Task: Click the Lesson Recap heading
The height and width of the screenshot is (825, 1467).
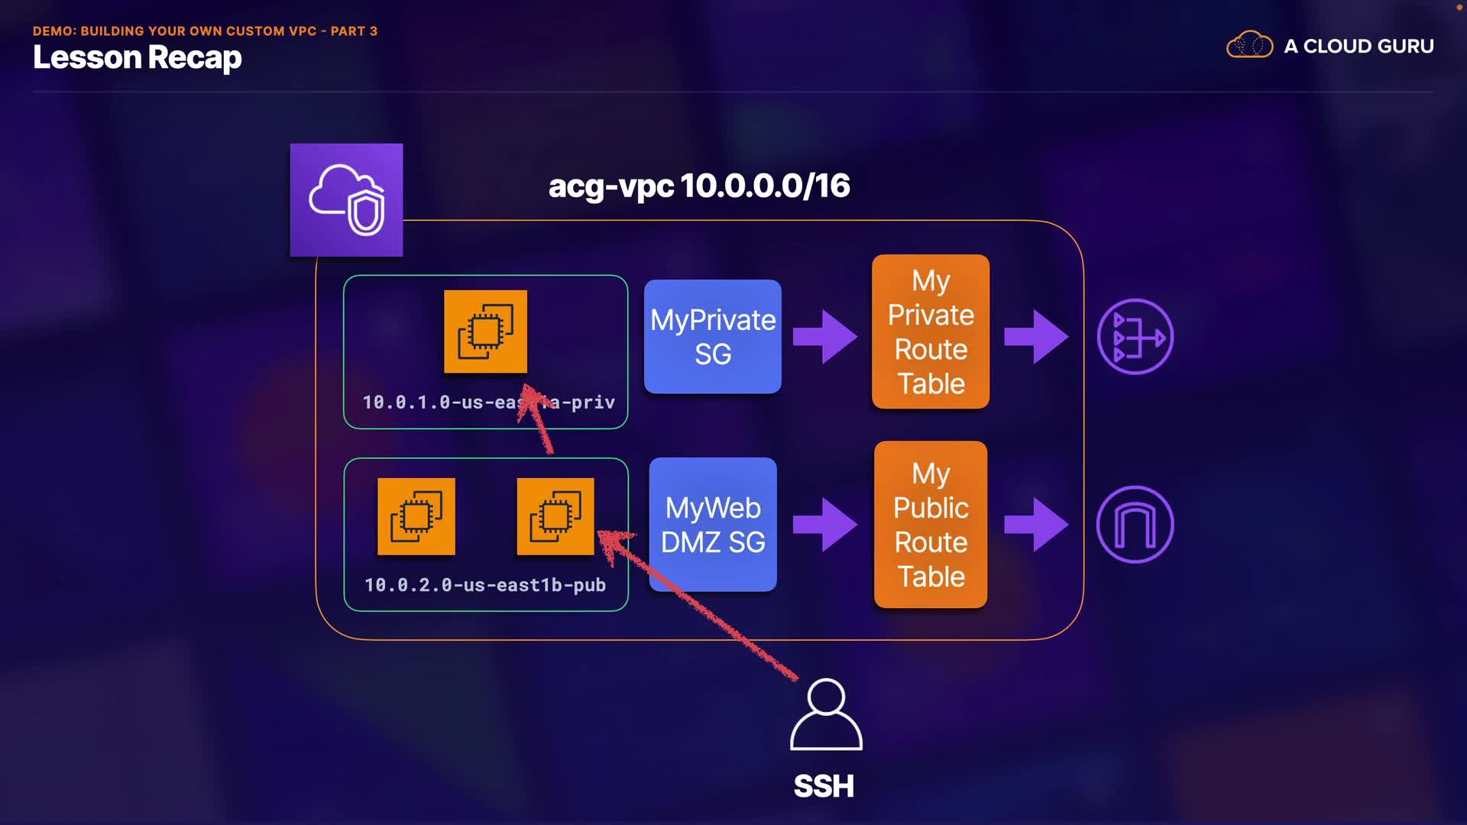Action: (x=138, y=58)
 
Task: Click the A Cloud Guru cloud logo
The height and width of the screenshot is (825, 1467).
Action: (x=1249, y=46)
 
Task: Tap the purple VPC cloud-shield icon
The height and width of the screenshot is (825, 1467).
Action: (x=346, y=200)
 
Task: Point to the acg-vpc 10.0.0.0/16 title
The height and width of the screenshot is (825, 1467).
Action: (x=698, y=186)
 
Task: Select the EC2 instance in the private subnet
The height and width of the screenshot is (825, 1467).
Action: (x=485, y=332)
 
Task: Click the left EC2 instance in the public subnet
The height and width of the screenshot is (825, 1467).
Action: (x=416, y=516)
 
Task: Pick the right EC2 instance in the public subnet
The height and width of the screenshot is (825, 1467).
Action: (x=555, y=516)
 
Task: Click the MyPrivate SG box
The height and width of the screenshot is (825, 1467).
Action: (x=712, y=337)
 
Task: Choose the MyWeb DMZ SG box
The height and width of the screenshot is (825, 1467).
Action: (x=712, y=525)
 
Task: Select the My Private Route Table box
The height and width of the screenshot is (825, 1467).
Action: (x=931, y=332)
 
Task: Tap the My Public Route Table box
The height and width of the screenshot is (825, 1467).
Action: (x=931, y=525)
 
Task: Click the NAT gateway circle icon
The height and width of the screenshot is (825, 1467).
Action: (x=1135, y=337)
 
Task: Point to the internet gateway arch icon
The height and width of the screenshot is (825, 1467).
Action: (x=1135, y=525)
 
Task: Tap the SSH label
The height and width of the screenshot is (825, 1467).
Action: (x=824, y=786)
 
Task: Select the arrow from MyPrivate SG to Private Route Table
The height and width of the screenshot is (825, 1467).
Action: (x=825, y=336)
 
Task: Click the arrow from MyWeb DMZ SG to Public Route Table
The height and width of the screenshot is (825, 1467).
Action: (x=825, y=525)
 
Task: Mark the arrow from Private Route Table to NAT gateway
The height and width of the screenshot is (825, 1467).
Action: (x=1036, y=336)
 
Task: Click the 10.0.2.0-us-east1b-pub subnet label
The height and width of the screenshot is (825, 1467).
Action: (x=485, y=585)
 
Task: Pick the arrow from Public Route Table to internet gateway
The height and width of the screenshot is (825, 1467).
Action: (x=1036, y=525)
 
